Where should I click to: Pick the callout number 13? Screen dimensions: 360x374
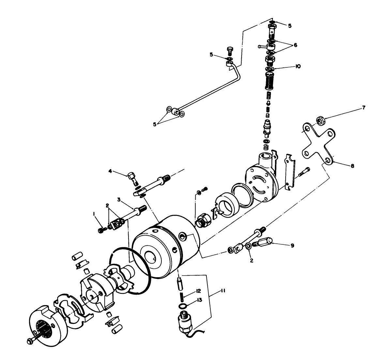click(199, 301)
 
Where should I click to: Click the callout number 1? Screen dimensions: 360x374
click(94, 214)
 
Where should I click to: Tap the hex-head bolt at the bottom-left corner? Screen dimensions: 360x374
click(29, 341)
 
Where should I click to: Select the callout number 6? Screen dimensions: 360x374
click(295, 45)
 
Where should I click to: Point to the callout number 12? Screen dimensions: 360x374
click(198, 291)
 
